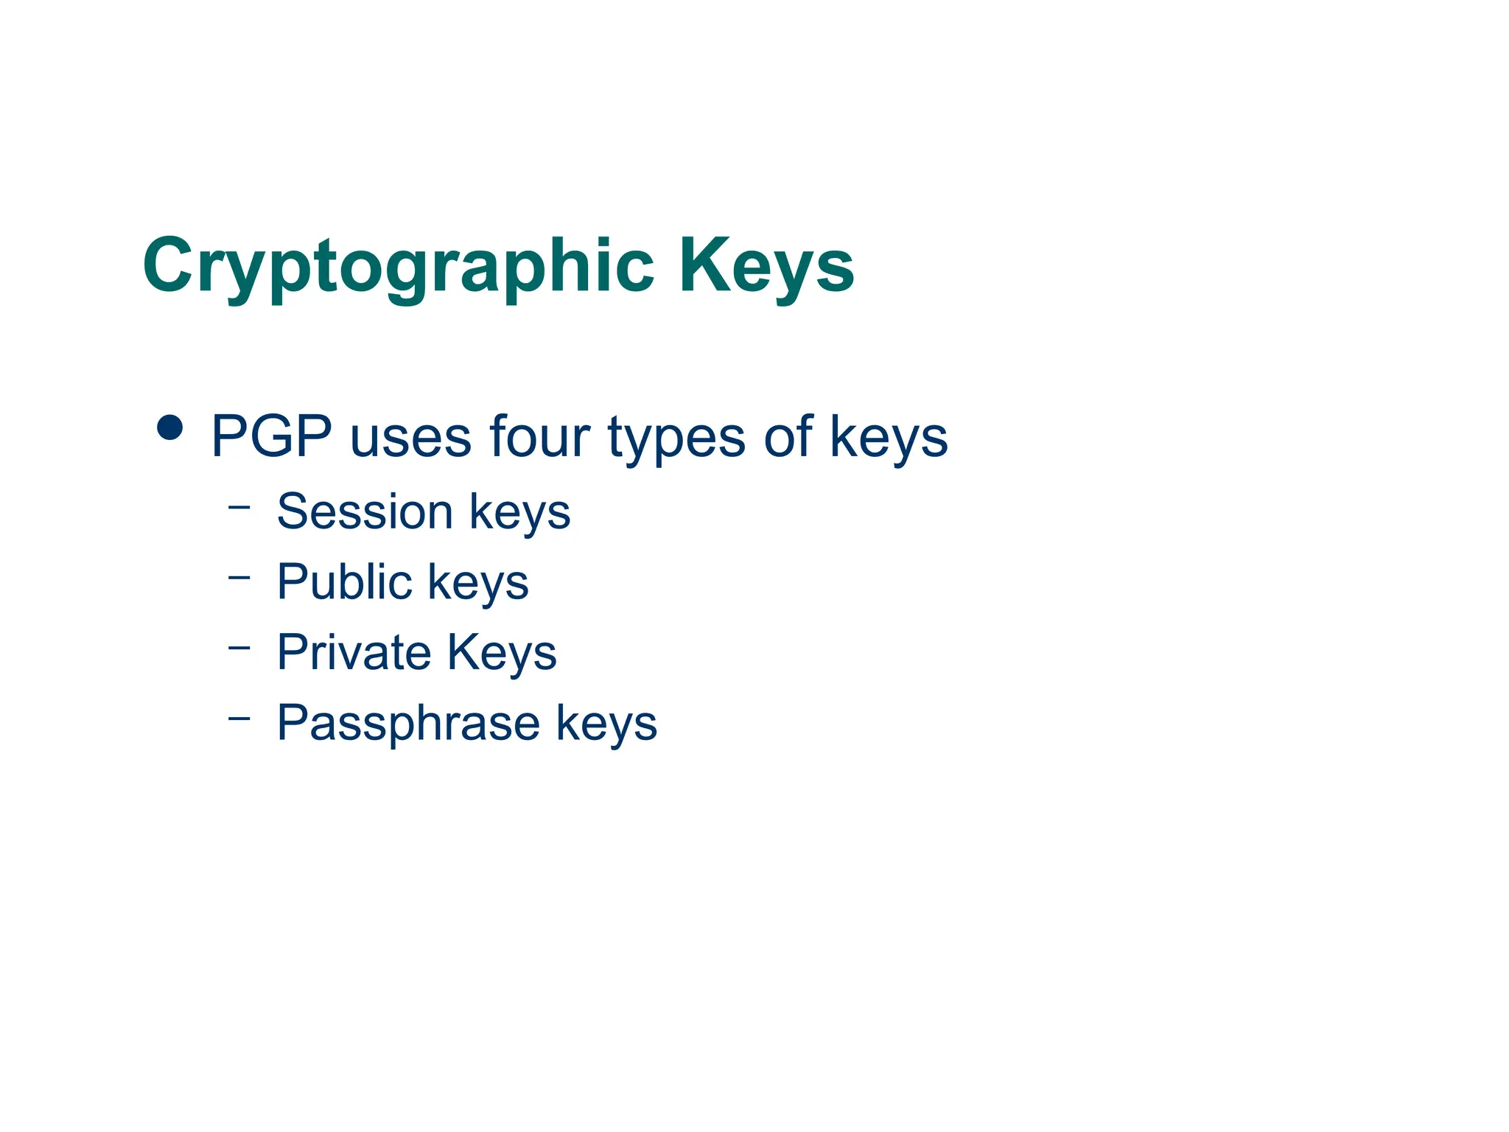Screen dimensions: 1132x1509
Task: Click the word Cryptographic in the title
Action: pyautogui.click(x=399, y=266)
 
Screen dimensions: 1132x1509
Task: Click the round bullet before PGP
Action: pyautogui.click(x=170, y=427)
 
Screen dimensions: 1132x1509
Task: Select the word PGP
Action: pyautogui.click(x=271, y=436)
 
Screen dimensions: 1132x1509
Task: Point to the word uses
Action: pyautogui.click(x=410, y=438)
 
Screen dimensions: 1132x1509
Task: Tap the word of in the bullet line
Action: pyautogui.click(x=788, y=436)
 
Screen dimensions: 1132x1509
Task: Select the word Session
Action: pyautogui.click(x=365, y=511)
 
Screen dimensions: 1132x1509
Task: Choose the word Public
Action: pyautogui.click(x=344, y=581)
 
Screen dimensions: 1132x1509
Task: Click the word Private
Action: pyautogui.click(x=354, y=652)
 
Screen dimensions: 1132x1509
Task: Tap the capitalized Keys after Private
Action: pyautogui.click(x=502, y=654)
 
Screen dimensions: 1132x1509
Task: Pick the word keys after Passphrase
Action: pyautogui.click(x=606, y=724)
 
